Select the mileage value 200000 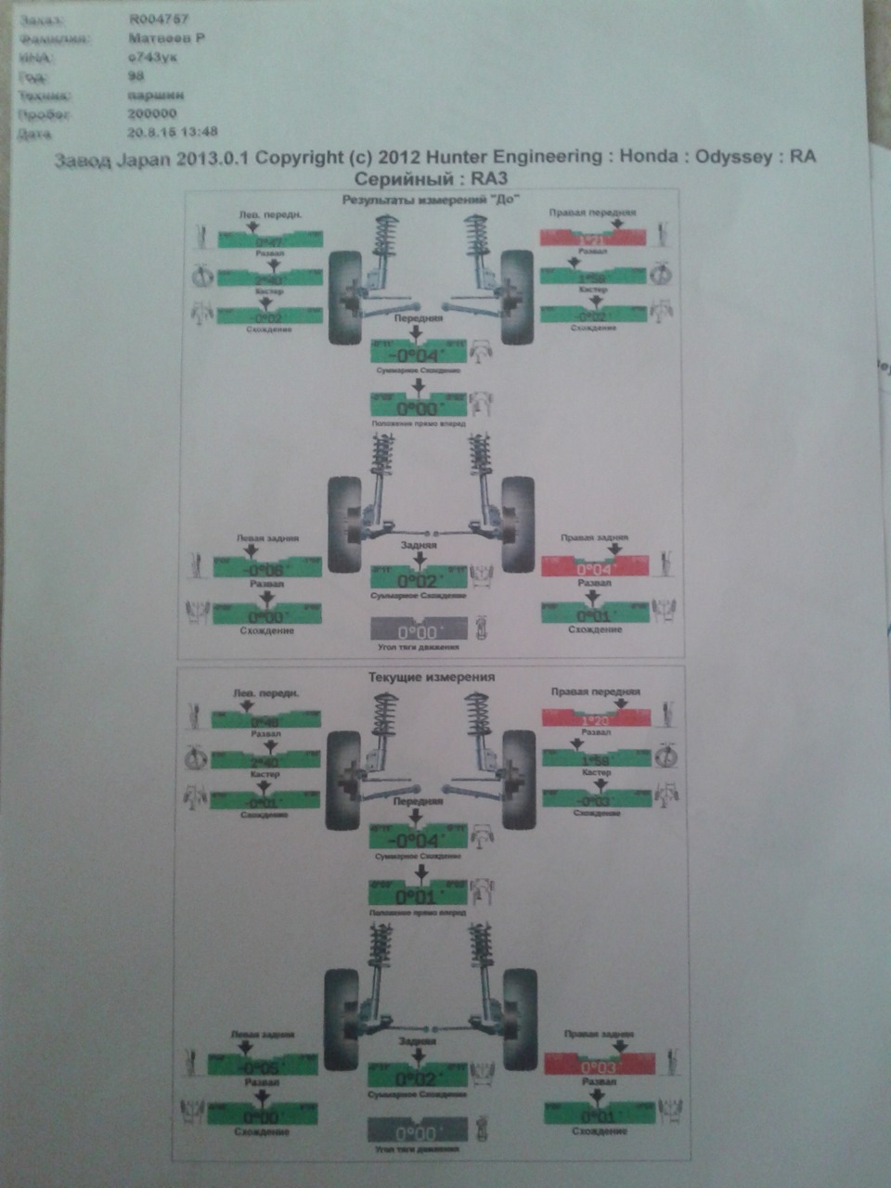(x=153, y=113)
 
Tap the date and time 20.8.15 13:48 (x=174, y=132)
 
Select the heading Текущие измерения (x=432, y=677)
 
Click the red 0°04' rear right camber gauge (x=594, y=567)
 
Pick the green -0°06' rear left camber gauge (x=267, y=567)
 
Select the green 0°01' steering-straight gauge (x=417, y=896)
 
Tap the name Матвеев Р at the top (x=166, y=38)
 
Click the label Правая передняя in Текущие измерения (x=595, y=691)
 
